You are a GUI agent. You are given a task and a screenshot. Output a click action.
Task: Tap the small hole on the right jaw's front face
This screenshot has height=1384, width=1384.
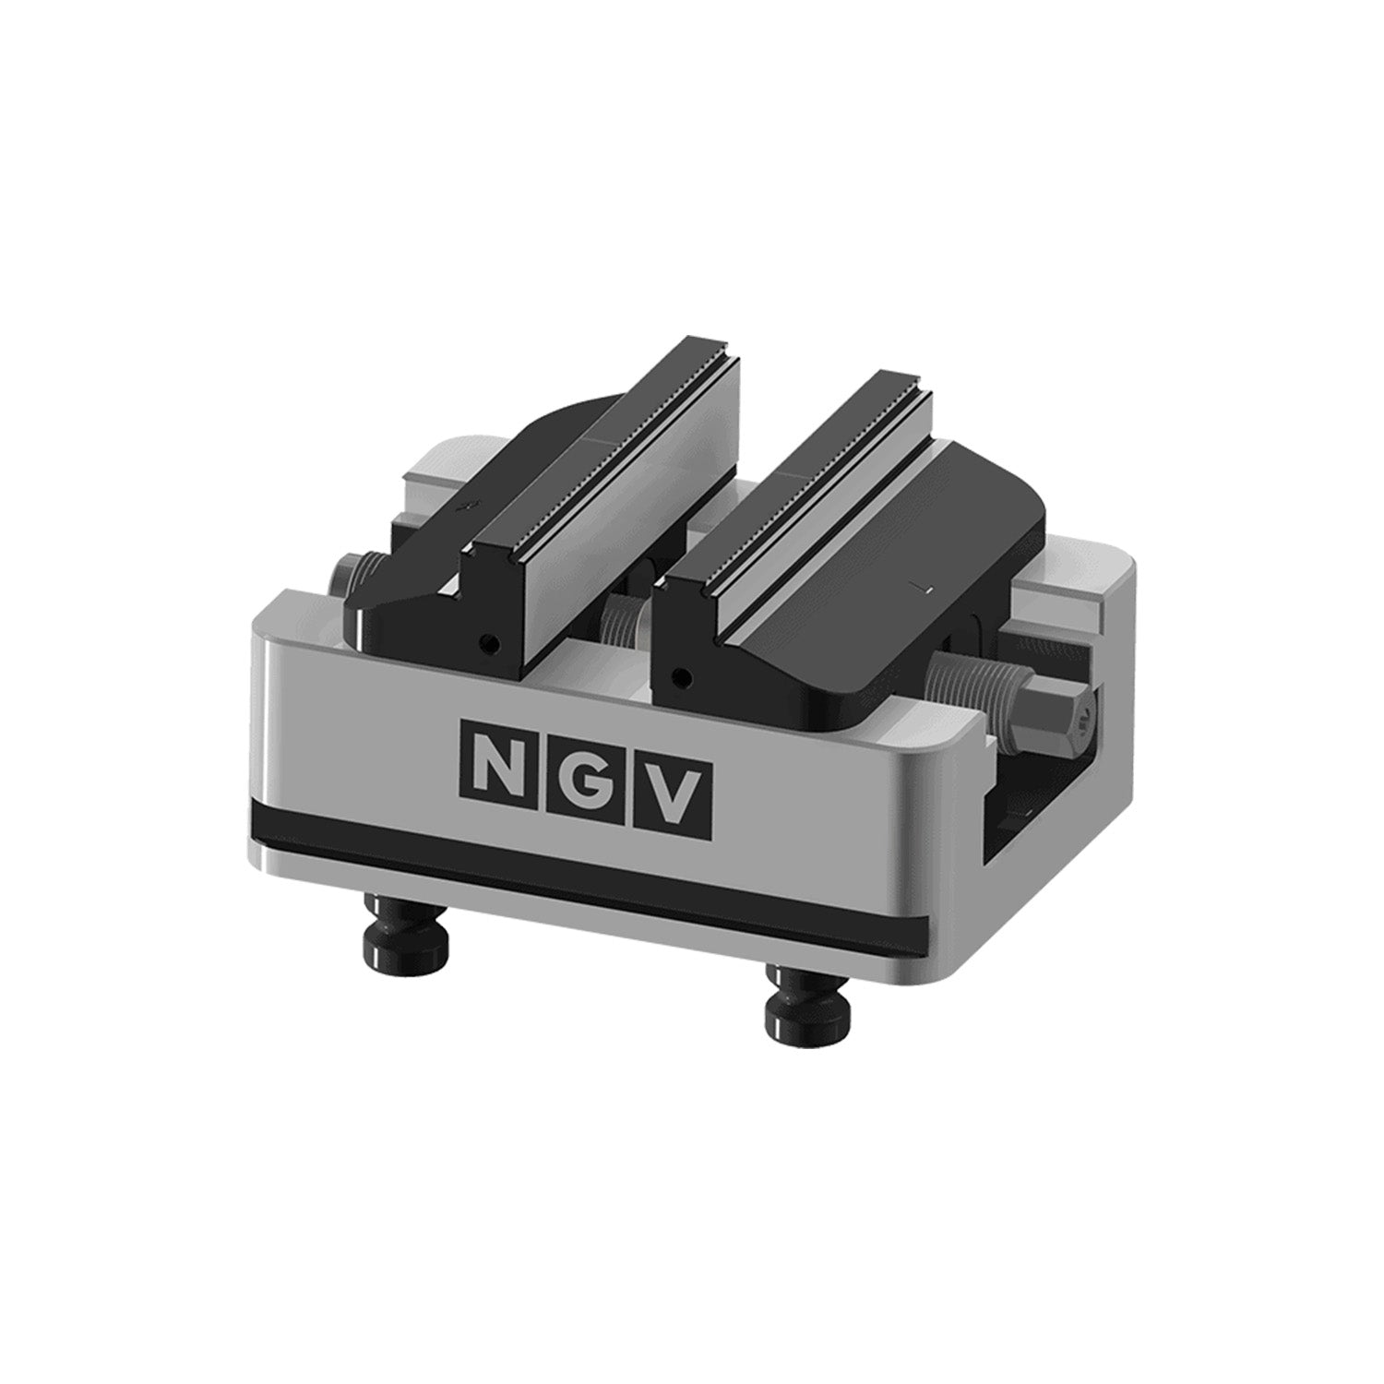tap(681, 676)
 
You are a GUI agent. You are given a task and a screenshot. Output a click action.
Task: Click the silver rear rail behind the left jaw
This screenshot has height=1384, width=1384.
tap(434, 471)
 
